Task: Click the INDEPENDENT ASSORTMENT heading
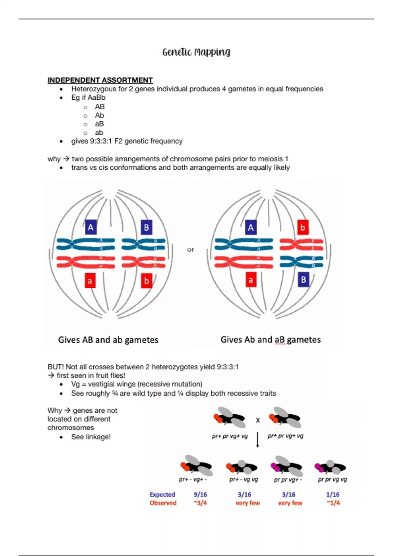tap(100, 80)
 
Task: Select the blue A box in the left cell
tap(91, 227)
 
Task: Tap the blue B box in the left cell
tap(146, 227)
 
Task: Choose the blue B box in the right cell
tap(304, 280)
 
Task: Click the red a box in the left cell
tap(90, 281)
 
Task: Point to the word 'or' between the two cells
tap(191, 250)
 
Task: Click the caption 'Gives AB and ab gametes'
tap(108, 340)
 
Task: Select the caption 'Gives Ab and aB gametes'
tap(271, 340)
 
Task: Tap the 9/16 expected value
tap(200, 495)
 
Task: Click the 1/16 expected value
tap(333, 495)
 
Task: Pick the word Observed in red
tap(163, 503)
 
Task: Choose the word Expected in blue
tap(162, 495)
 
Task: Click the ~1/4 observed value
tap(333, 503)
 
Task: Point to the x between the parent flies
tap(258, 420)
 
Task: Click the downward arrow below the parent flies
tap(258, 440)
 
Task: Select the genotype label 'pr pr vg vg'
tap(332, 479)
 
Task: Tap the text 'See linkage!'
tap(91, 437)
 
